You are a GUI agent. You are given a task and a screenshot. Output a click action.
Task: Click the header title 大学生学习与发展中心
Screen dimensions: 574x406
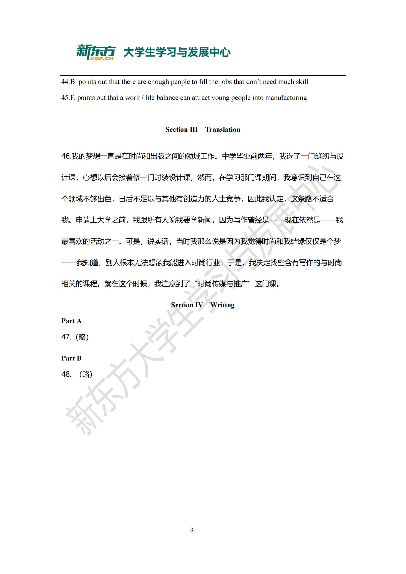pyautogui.click(x=177, y=52)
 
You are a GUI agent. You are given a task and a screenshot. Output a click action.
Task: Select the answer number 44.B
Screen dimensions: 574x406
pyautogui.click(x=69, y=82)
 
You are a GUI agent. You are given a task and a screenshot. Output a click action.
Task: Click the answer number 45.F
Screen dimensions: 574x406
pyautogui.click(x=68, y=98)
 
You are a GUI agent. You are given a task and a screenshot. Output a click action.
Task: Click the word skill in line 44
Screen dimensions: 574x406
pyautogui.click(x=303, y=82)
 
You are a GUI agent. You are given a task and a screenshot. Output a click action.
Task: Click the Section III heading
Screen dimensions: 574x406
pyautogui.click(x=181, y=130)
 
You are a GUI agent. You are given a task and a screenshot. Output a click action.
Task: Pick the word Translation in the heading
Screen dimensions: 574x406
pyautogui.click(x=222, y=130)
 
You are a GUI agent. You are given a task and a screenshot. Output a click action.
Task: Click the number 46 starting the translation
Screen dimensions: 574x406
pyautogui.click(x=66, y=156)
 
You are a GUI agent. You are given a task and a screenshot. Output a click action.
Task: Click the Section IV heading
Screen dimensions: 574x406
pyautogui.click(x=187, y=305)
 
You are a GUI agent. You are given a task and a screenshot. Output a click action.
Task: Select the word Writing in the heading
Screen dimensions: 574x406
pyautogui.click(x=222, y=305)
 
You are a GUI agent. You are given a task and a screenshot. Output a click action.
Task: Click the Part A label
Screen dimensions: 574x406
pyautogui.click(x=71, y=321)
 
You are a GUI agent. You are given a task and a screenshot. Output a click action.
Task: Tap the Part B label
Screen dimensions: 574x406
pyautogui.click(x=71, y=358)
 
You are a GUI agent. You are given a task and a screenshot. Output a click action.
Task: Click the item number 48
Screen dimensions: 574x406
pyautogui.click(x=66, y=374)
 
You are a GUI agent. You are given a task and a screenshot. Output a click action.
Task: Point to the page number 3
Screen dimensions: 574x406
pyautogui.click(x=192, y=530)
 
